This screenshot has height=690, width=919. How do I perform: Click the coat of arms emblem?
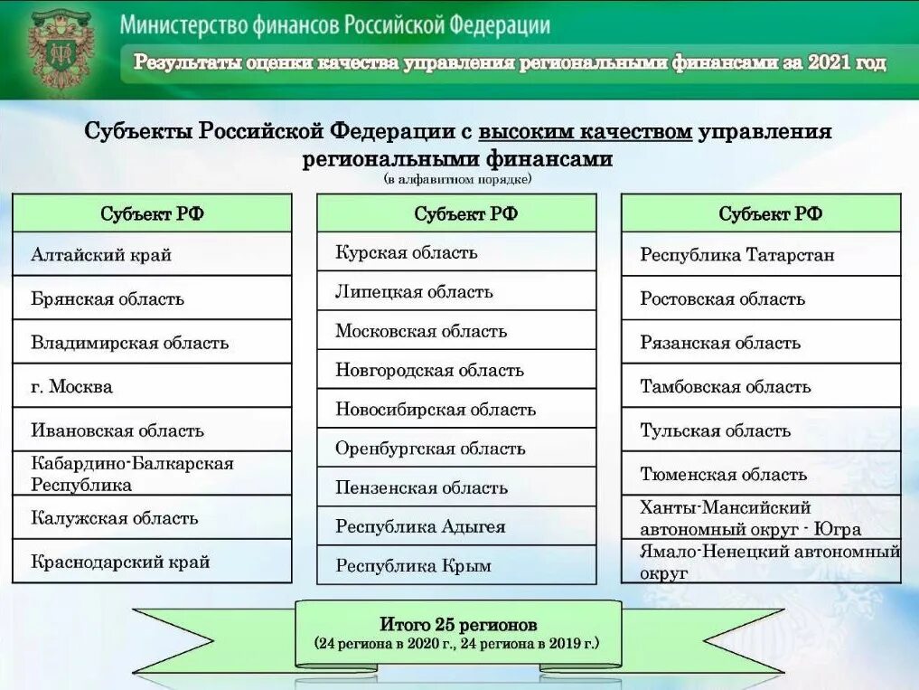click(61, 49)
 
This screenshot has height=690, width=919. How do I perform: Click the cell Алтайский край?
click(152, 254)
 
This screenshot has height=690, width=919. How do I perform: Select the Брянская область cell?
click(152, 298)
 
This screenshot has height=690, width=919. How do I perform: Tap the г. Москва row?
click(152, 386)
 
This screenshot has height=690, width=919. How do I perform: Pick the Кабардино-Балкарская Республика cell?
click(152, 474)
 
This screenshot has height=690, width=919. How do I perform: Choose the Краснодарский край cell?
click(152, 562)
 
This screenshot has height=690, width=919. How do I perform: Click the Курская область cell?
click(456, 252)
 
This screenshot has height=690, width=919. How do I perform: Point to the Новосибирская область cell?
click(456, 409)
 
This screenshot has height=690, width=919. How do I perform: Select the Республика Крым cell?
click(456, 565)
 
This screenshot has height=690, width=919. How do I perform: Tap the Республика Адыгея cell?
click(456, 526)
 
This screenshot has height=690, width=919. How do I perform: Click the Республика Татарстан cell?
click(761, 255)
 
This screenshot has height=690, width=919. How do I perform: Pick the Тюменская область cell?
click(761, 474)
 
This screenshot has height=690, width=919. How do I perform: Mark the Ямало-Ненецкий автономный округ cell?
click(761, 562)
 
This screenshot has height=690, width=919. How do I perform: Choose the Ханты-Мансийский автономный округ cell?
click(761, 518)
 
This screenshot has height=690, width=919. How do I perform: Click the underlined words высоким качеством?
click(585, 132)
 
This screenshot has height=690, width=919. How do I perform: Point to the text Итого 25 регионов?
click(458, 625)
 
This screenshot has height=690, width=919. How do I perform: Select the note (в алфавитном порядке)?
click(458, 179)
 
